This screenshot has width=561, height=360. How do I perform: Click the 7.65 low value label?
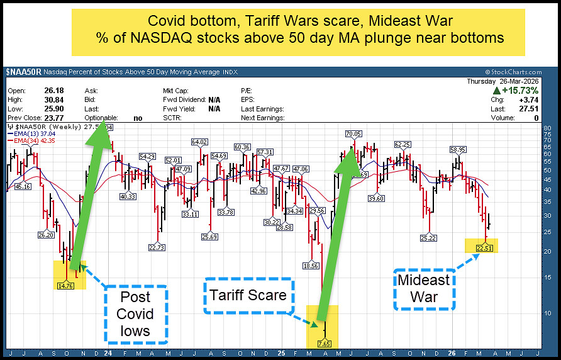[x=325, y=344]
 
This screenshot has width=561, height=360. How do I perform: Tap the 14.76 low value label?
[x=65, y=285]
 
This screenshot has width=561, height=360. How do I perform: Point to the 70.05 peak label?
[x=353, y=134]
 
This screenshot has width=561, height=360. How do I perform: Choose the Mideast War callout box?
[x=424, y=289]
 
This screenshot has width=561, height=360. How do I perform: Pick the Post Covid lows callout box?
[x=135, y=314]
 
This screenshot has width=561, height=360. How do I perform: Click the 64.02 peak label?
[x=199, y=142]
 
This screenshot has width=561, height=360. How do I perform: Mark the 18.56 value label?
[x=311, y=266]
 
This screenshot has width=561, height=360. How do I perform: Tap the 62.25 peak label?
[x=403, y=145]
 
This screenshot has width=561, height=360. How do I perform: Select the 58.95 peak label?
[x=457, y=149]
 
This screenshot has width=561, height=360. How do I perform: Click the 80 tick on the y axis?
[x=547, y=128]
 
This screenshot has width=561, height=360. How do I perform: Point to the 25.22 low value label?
[x=428, y=238]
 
